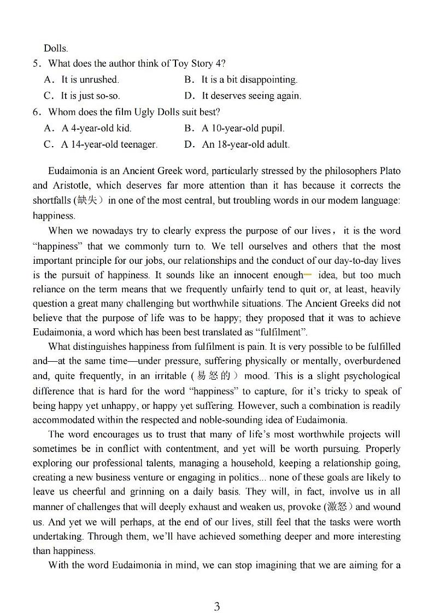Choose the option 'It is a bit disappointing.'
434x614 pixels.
pyautogui.click(x=249, y=80)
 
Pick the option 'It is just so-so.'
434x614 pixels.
pyautogui.click(x=90, y=96)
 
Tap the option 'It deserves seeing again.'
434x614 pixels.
pyautogui.click(x=251, y=96)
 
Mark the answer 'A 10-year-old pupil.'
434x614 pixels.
pyautogui.click(x=243, y=129)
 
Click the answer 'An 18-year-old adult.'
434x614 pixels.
pyautogui.click(x=246, y=145)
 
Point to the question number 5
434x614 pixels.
pyautogui.click(x=36, y=63)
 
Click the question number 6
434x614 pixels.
pyautogui.click(x=36, y=112)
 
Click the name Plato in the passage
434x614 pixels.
pyautogui.click(x=390, y=171)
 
